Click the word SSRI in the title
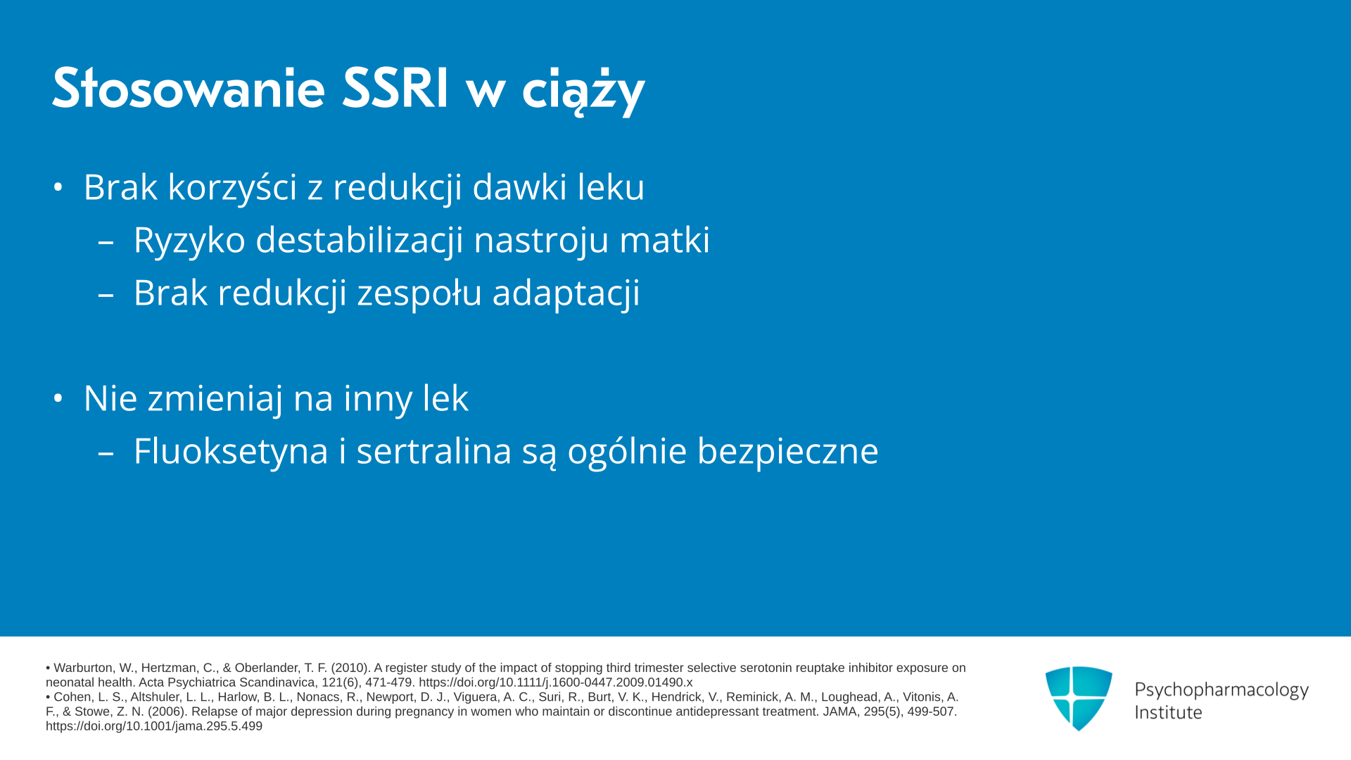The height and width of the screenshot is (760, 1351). pyautogui.click(x=395, y=89)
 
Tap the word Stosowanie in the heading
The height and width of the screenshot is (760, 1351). pyautogui.click(x=189, y=89)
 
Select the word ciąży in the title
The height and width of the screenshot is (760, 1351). pyautogui.click(x=583, y=91)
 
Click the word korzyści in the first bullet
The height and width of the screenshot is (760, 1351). pyautogui.click(x=232, y=187)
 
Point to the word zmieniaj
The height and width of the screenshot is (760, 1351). pyautogui.click(x=215, y=399)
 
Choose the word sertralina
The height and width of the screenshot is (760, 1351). pyautogui.click(x=433, y=451)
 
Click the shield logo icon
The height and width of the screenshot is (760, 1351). pyautogui.click(x=1079, y=698)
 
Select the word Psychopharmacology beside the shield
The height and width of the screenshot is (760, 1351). pyautogui.click(x=1222, y=690)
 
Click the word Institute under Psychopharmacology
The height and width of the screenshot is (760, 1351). pyautogui.click(x=1168, y=712)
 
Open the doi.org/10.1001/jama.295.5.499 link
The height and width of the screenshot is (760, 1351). pyautogui.click(x=154, y=726)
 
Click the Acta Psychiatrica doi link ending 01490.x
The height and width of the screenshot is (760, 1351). pyautogui.click(x=556, y=683)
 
